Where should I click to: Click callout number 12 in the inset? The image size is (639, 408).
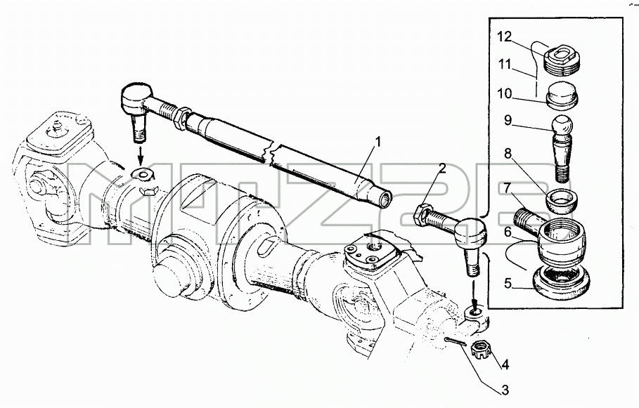[x=504, y=37]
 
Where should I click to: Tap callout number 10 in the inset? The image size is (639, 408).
[x=505, y=93]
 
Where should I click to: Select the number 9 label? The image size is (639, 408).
[x=508, y=121]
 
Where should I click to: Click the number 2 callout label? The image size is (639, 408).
[x=442, y=168]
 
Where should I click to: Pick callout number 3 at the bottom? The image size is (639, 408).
[x=505, y=390]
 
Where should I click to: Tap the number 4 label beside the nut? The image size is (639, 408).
[x=505, y=364]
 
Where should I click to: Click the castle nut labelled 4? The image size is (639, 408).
[x=479, y=350]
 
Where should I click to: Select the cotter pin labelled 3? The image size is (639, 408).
[x=456, y=341]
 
